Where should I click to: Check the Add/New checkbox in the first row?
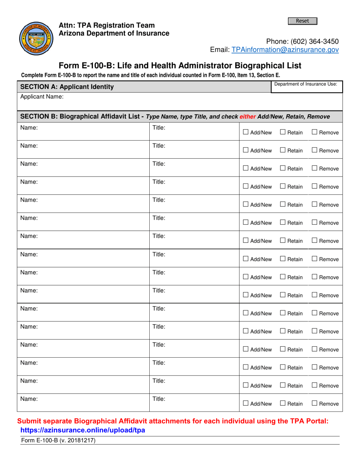click(246, 132)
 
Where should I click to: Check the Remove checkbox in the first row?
click(315, 132)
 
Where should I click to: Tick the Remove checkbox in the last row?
click(315, 403)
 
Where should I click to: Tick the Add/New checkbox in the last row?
click(246, 403)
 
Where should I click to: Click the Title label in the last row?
click(158, 399)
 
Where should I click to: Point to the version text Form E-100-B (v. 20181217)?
click(58, 440)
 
